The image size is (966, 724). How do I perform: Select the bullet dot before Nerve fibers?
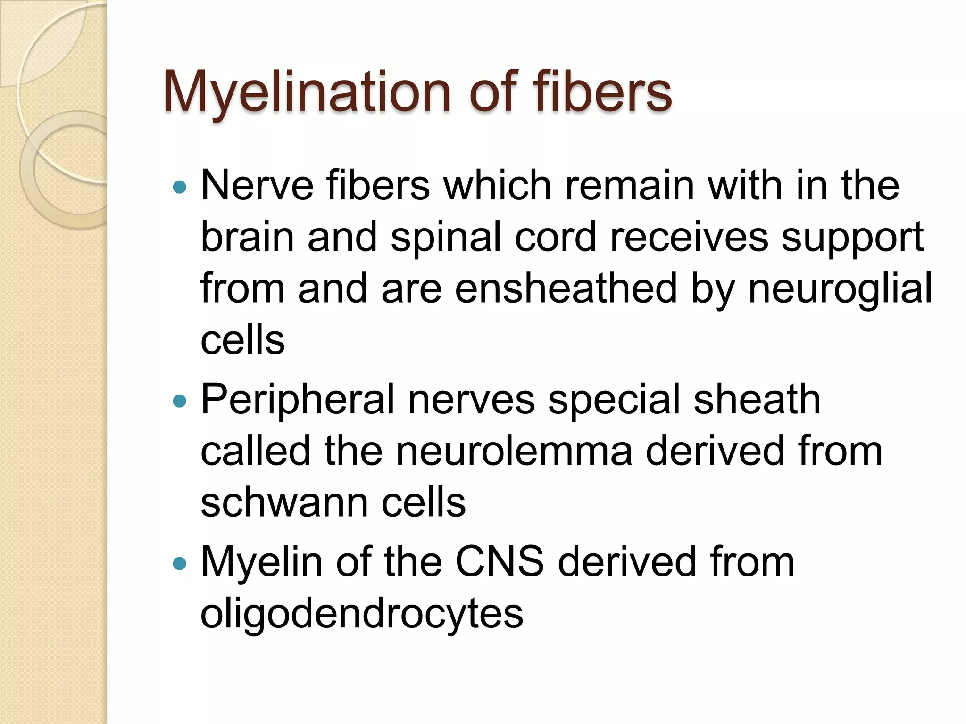coord(180,188)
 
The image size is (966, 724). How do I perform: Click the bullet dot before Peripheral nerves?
coord(180,401)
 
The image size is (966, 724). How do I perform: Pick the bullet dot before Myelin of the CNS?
coord(180,563)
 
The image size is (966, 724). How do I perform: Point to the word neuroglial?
coord(840,289)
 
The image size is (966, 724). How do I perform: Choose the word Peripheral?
coord(298,401)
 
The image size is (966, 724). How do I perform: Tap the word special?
coord(614,401)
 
